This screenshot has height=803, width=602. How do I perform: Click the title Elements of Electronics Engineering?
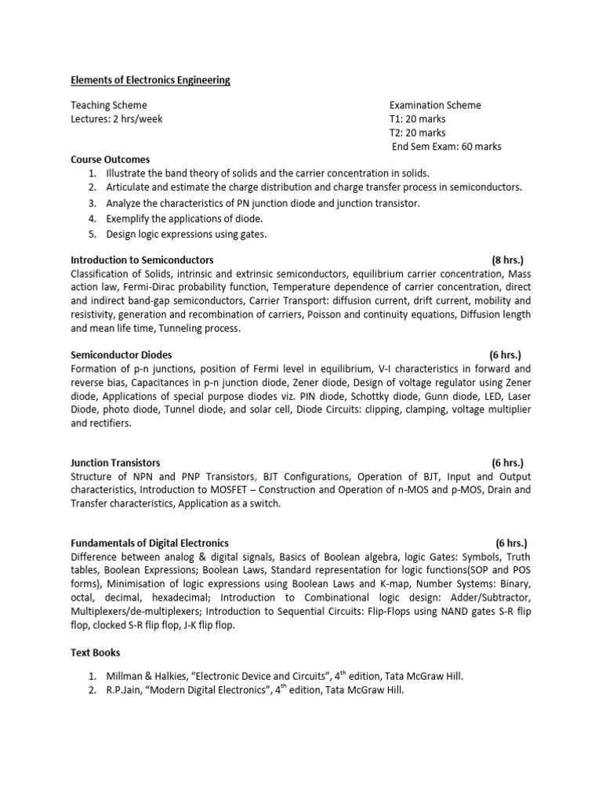click(150, 80)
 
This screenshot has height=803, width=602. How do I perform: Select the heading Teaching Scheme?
click(109, 105)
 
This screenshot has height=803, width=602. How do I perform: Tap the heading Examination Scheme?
click(435, 105)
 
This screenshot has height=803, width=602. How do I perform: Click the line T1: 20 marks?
click(417, 119)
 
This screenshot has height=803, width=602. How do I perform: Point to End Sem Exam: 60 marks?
click(446, 147)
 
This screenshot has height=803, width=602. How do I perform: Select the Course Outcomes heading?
click(111, 160)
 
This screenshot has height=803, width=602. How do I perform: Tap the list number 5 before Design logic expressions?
click(92, 234)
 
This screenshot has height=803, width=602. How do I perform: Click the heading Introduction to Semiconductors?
click(142, 260)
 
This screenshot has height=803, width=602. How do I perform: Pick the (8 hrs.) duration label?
click(507, 260)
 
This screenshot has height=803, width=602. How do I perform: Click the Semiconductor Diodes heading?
click(121, 355)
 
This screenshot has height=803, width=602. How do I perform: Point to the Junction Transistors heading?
click(115, 463)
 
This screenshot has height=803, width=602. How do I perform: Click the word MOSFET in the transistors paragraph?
click(236, 490)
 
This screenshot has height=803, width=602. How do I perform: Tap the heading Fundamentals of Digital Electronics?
click(150, 543)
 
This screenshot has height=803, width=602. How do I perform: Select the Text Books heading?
click(96, 652)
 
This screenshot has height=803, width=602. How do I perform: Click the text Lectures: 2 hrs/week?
click(117, 119)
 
